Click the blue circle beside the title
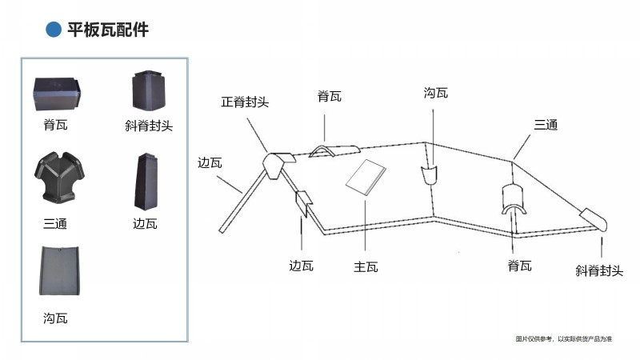(53, 30)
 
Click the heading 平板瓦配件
(108, 30)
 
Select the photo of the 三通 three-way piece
(59, 177)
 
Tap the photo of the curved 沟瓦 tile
(59, 270)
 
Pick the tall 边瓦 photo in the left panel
(146, 182)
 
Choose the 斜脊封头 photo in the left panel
(149, 90)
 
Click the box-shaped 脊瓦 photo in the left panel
(57, 94)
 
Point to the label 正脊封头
(245, 102)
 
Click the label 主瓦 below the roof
(366, 267)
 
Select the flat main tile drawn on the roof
(366, 177)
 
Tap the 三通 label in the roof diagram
(546, 125)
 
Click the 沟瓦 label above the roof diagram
(435, 93)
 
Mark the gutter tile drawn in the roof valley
(429, 174)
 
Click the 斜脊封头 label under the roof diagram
(599, 270)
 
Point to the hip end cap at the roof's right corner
(594, 219)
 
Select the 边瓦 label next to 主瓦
(302, 266)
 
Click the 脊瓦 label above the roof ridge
(330, 97)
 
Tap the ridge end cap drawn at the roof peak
(278, 164)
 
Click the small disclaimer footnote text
(564, 338)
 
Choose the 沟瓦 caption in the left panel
(55, 318)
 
